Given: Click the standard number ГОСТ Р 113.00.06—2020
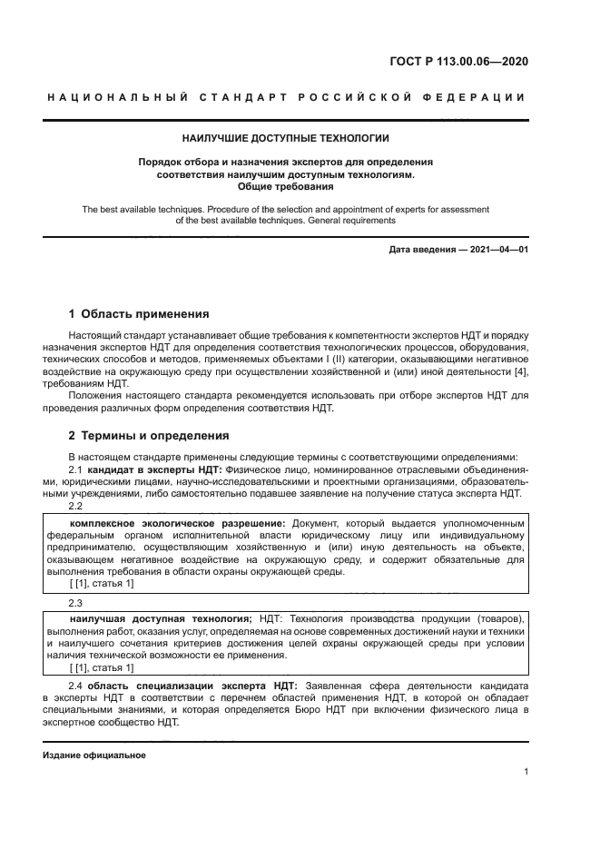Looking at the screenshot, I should point(458,63).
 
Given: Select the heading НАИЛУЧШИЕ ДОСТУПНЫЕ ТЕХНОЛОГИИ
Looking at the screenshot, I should point(286,139).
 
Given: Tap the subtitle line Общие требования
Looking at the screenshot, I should point(286,186).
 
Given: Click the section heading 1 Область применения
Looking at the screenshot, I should point(139,314).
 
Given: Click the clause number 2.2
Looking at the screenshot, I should point(76,506).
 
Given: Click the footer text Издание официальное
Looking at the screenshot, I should point(94,755).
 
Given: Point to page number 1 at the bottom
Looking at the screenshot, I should point(526,772).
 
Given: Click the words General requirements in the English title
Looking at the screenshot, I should point(349,221).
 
